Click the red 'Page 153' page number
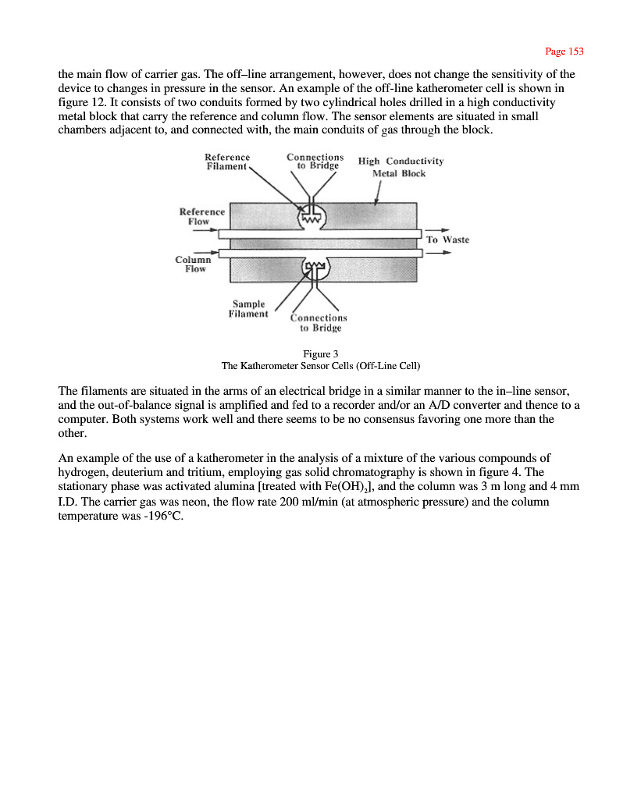(x=564, y=51)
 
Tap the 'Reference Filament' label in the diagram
(x=227, y=162)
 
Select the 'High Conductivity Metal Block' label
(x=401, y=167)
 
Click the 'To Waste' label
(x=447, y=240)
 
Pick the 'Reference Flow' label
(x=201, y=216)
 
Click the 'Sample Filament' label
(x=248, y=309)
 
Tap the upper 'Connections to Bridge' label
(x=315, y=161)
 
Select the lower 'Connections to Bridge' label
(x=319, y=322)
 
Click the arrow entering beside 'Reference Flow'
(x=205, y=230)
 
